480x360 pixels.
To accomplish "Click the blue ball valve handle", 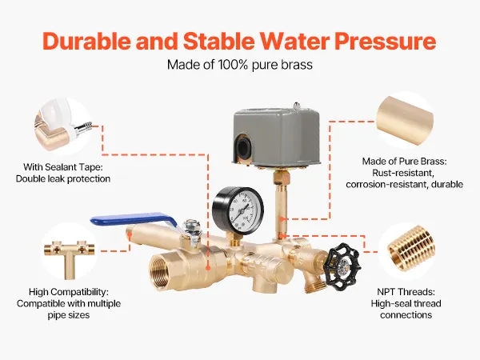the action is click(132, 219).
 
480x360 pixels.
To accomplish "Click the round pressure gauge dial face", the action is click(242, 210).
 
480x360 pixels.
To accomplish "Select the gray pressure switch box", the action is click(275, 137).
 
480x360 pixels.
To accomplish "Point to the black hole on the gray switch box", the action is click(242, 147).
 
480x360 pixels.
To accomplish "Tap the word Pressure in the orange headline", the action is click(385, 41).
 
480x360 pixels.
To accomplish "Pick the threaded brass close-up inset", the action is click(406, 250).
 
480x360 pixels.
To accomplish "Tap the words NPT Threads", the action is click(406, 292).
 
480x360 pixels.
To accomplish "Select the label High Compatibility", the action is click(69, 292).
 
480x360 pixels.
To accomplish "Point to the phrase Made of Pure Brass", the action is click(404, 162).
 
